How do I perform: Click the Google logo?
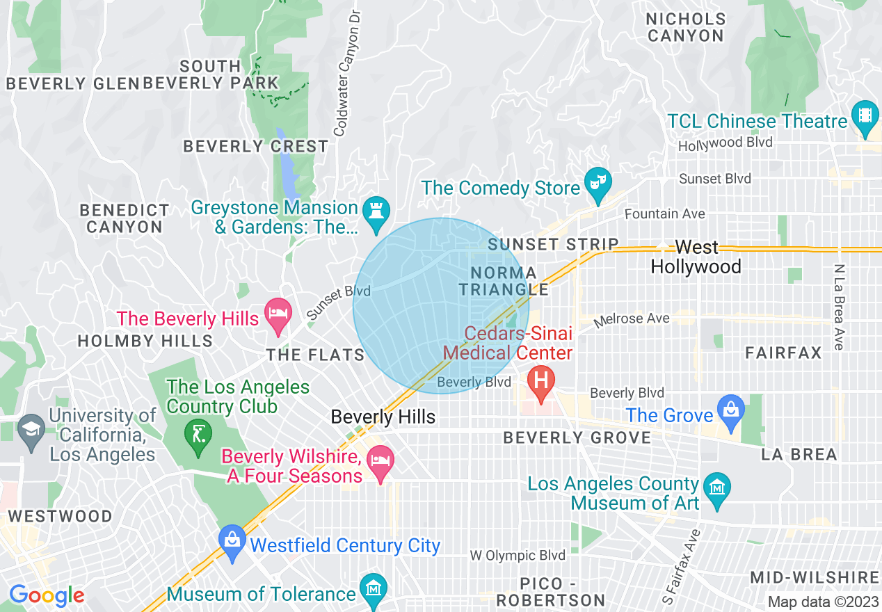47,595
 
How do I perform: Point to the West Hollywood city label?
696,257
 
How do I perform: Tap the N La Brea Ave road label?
840,307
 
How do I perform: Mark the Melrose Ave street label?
632,319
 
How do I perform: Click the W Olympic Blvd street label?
517,556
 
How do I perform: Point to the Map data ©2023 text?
821,602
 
